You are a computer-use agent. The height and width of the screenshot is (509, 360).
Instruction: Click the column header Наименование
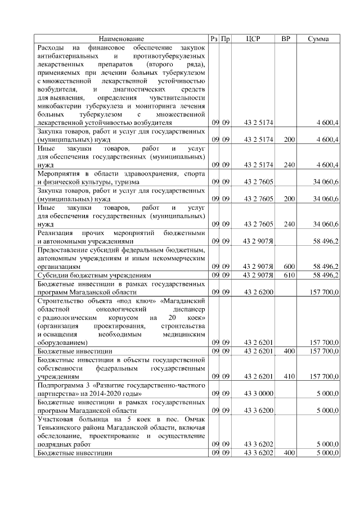[121, 39]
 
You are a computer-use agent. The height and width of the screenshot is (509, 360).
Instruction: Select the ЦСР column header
[254, 39]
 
